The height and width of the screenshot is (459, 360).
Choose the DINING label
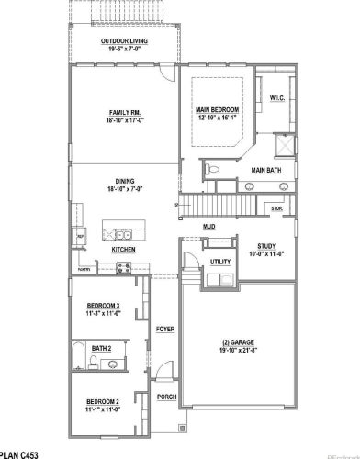[124, 181]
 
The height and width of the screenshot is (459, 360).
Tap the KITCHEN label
[124, 250]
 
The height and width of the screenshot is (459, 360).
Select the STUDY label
[266, 246]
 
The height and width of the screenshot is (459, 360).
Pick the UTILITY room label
[220, 262]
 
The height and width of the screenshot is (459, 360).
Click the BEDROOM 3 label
[104, 305]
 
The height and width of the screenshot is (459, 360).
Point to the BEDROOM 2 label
[103, 402]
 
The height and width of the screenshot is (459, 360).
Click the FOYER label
[165, 328]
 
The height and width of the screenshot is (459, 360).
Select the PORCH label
[166, 397]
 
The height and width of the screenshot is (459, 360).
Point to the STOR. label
[276, 208]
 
